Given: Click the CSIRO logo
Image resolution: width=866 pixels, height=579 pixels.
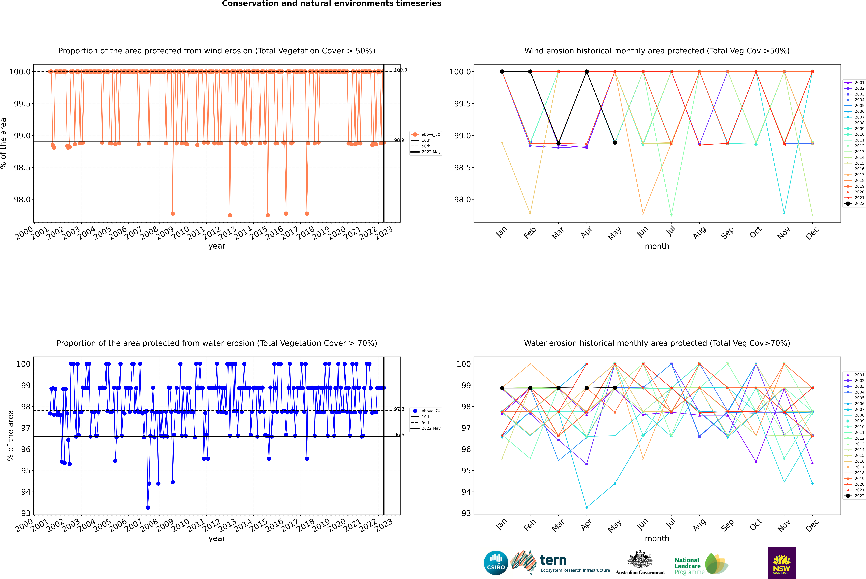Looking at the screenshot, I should point(496,563).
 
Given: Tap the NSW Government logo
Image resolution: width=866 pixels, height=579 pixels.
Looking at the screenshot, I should point(781,563).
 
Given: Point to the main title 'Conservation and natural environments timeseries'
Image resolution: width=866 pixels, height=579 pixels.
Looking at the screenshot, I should point(331,4).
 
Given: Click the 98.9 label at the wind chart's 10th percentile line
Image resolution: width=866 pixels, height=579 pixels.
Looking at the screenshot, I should point(399,140).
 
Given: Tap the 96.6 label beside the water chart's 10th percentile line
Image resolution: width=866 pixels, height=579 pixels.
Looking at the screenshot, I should point(399,435).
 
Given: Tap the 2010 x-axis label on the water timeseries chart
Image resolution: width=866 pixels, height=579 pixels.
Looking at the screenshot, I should point(180,525).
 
